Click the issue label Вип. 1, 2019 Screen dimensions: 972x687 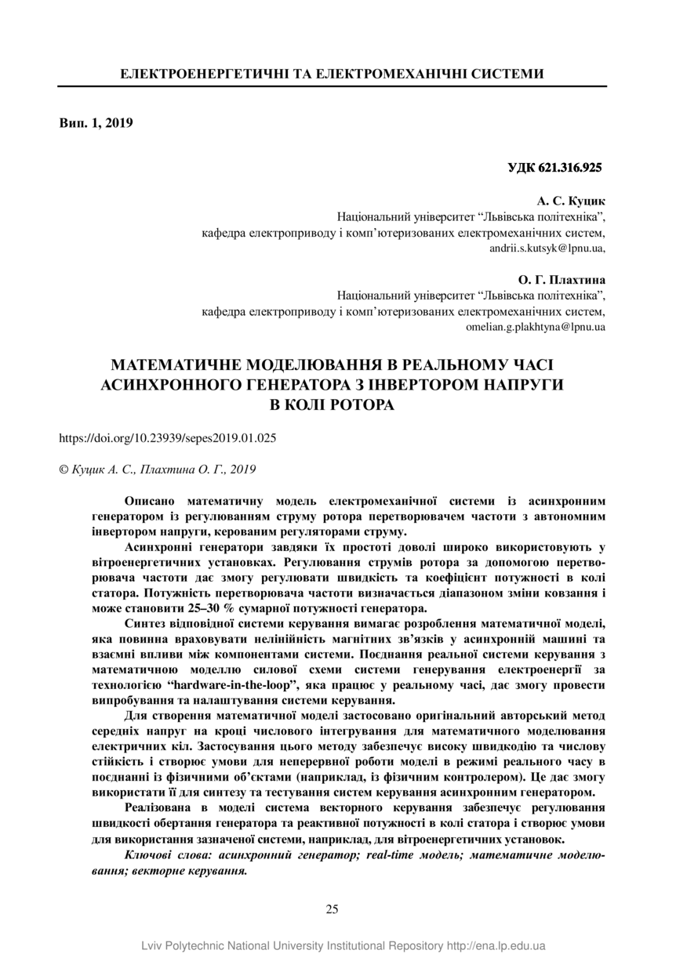pyautogui.click(x=96, y=122)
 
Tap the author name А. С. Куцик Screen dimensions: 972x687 pyautogui.click(x=571, y=201)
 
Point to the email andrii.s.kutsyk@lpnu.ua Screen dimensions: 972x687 pyautogui.click(x=547, y=248)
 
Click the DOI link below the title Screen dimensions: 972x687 pyautogui.click(x=168, y=438)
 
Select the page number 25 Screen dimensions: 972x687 pyautogui.click(x=332, y=909)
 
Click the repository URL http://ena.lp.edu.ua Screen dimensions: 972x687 pyautogui.click(x=496, y=946)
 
